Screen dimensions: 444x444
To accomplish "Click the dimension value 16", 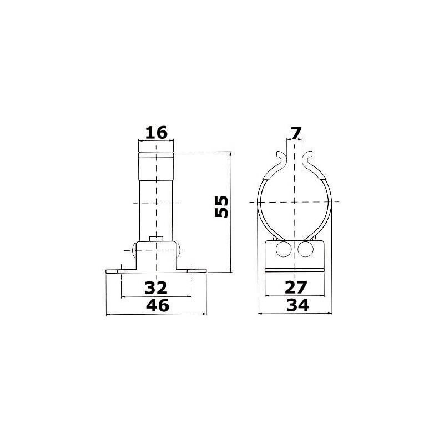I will (156, 133).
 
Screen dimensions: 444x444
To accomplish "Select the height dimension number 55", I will (221, 206).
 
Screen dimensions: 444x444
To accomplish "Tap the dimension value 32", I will (156, 287).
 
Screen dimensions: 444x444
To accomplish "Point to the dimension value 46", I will (156, 305).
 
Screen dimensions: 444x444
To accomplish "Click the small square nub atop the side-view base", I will (157, 239).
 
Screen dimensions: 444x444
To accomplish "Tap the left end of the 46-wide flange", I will (108, 271).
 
